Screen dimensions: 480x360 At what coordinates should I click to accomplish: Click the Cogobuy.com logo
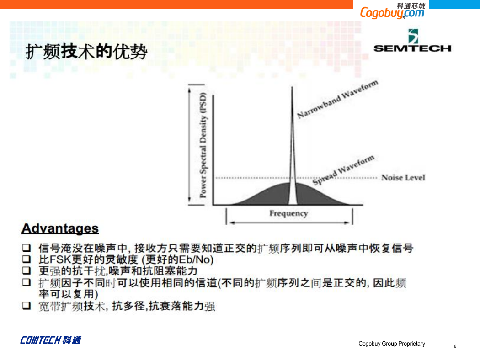(392, 11)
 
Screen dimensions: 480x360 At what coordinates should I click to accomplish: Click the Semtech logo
(412, 41)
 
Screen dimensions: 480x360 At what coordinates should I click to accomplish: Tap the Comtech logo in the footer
(50, 340)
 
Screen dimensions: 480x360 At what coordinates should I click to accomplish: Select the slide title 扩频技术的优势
(86, 51)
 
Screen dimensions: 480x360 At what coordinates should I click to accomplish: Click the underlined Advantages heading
(60, 228)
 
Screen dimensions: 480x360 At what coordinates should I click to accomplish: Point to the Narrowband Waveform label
(337, 99)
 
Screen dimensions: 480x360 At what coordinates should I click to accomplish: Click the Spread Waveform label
(343, 170)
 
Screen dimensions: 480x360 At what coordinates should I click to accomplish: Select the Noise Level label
(403, 177)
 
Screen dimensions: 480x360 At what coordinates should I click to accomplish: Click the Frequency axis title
(288, 213)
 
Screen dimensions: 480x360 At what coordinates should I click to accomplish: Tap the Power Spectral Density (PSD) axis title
(203, 145)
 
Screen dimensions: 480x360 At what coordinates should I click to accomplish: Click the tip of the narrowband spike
(292, 87)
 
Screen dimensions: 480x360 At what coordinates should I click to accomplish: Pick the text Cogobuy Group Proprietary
(392, 344)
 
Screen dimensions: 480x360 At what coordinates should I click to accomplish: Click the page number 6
(455, 346)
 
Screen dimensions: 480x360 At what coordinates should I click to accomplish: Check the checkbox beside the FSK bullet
(27, 259)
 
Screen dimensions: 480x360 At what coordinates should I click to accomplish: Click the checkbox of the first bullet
(27, 248)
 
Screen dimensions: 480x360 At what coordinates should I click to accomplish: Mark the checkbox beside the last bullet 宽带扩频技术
(27, 306)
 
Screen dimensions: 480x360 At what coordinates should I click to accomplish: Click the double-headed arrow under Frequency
(289, 222)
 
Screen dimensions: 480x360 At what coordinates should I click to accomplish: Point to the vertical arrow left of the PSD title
(190, 145)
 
